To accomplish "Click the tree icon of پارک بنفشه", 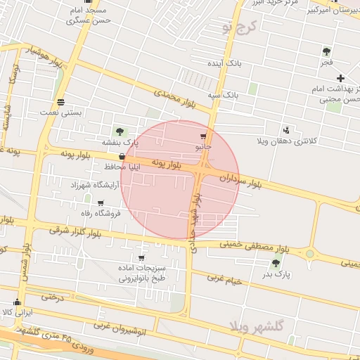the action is (119, 131).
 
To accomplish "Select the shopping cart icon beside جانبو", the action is (204, 136).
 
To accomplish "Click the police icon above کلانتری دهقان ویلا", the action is (286, 130).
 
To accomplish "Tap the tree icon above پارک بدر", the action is (275, 263).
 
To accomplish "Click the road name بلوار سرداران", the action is (240, 180).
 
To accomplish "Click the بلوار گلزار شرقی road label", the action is (75, 231).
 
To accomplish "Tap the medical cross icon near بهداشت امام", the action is (341, 77).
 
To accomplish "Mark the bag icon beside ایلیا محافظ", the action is (123, 157).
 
